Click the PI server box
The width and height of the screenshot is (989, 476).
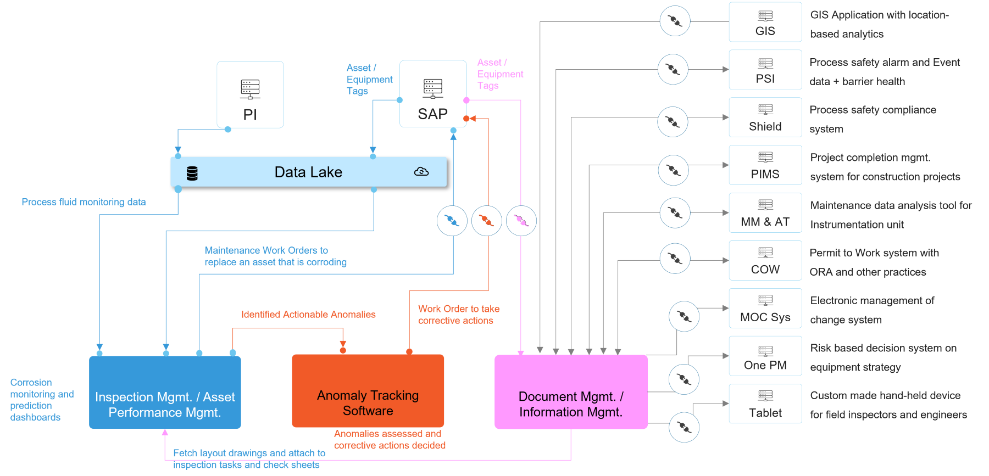[x=250, y=94]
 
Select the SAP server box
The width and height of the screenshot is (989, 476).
[x=433, y=94]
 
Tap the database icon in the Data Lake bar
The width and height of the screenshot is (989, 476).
[x=192, y=173]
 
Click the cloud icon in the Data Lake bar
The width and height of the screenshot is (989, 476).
[x=421, y=172]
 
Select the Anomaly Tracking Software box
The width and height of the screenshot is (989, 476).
[x=368, y=391]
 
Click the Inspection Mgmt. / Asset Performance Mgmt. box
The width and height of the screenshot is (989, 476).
[x=165, y=392]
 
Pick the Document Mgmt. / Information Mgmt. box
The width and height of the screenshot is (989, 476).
[x=571, y=392]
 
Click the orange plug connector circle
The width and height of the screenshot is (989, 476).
[x=486, y=221]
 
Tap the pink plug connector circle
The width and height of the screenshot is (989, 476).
[x=521, y=221]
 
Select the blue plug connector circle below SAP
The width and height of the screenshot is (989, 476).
[x=452, y=221]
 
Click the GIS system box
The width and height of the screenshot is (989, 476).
[x=765, y=22]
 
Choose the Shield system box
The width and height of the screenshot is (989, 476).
[x=765, y=117]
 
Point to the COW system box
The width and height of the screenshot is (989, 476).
[x=765, y=260]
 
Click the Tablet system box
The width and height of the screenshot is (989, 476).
[x=765, y=404]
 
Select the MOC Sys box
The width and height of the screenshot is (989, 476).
[x=765, y=308]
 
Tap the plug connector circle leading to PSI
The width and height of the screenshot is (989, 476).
[x=673, y=69]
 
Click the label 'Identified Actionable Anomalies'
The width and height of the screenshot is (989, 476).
[x=308, y=315]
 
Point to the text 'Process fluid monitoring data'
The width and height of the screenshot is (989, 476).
[x=84, y=202]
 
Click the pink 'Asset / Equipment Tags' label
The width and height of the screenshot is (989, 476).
[x=499, y=74]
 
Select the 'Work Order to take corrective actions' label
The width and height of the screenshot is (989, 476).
[x=458, y=315]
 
